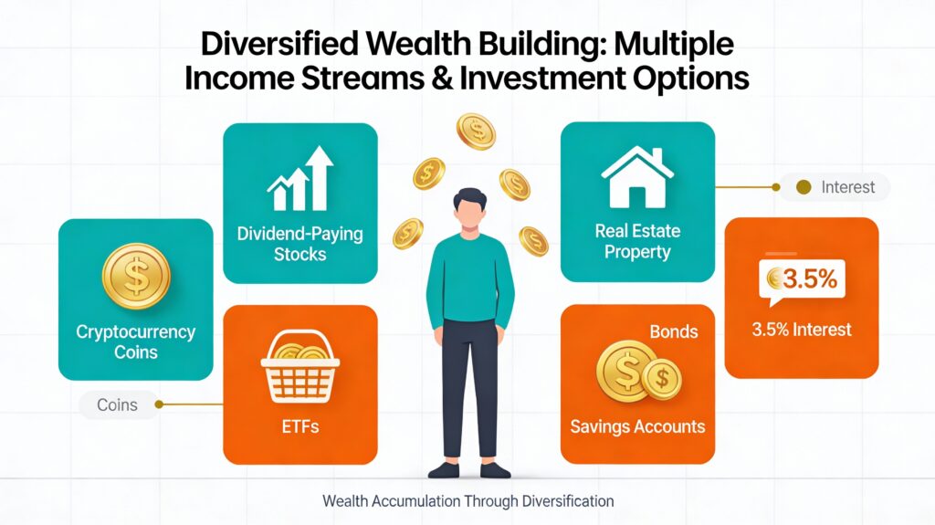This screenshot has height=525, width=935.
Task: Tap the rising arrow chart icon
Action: (299, 178)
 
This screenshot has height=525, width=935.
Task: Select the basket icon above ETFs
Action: (299, 367)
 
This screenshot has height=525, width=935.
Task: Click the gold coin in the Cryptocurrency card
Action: (136, 277)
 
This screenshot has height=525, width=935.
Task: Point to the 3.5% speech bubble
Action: (802, 281)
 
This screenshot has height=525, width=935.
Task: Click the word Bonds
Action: (674, 331)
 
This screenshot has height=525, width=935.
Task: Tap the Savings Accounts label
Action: (637, 426)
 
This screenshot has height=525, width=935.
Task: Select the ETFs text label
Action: (300, 426)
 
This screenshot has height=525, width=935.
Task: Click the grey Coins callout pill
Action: (118, 404)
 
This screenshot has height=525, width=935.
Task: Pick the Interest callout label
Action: (847, 187)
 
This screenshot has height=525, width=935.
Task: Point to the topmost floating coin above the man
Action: (476, 131)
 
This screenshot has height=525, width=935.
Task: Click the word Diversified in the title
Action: (280, 44)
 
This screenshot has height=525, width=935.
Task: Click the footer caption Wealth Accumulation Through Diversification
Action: (468, 501)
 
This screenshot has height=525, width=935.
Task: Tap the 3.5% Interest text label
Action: (802, 330)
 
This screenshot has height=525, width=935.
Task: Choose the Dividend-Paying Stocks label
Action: (299, 244)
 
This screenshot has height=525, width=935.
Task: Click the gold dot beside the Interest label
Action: (804, 187)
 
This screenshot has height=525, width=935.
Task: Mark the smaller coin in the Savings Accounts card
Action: (662, 378)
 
